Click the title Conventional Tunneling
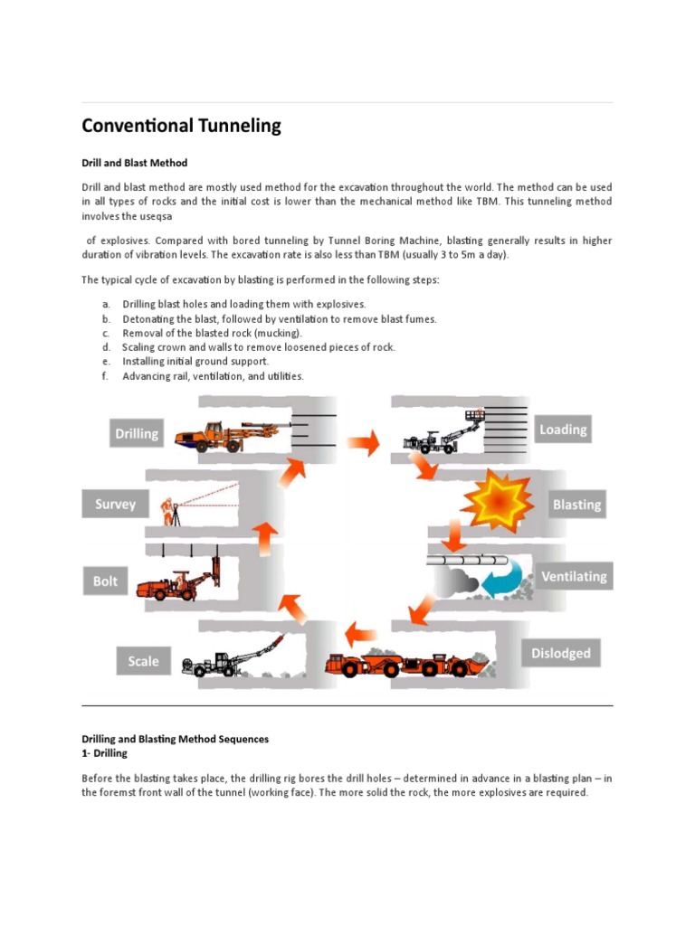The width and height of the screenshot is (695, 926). [x=181, y=126]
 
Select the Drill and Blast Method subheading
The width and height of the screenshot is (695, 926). [x=135, y=163]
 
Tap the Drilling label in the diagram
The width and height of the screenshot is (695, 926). [x=137, y=433]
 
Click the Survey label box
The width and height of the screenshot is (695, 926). [x=115, y=505]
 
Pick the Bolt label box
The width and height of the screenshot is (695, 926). [x=106, y=581]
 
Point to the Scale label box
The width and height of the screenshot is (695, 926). [x=143, y=661]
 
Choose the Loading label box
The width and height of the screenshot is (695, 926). [x=563, y=430]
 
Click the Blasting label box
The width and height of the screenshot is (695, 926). [x=576, y=504]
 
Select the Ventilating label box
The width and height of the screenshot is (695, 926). [x=574, y=576]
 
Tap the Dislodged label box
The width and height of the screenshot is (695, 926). [x=560, y=653]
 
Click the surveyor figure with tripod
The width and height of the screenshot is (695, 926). [x=169, y=512]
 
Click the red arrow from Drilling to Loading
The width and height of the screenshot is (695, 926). [x=362, y=442]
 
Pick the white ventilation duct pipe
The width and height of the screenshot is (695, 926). [x=470, y=561]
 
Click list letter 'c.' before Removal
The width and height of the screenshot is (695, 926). [x=106, y=333]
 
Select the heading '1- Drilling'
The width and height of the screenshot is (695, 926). [x=105, y=752]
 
